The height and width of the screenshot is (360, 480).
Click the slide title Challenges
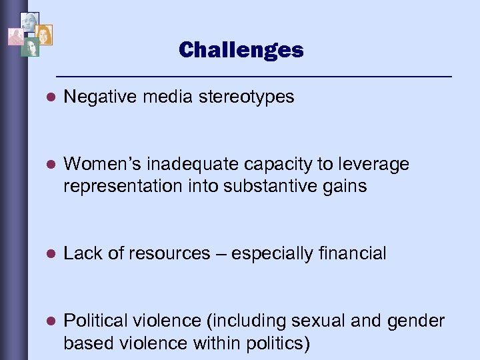coord(241,50)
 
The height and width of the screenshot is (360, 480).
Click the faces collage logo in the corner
coord(30,34)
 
